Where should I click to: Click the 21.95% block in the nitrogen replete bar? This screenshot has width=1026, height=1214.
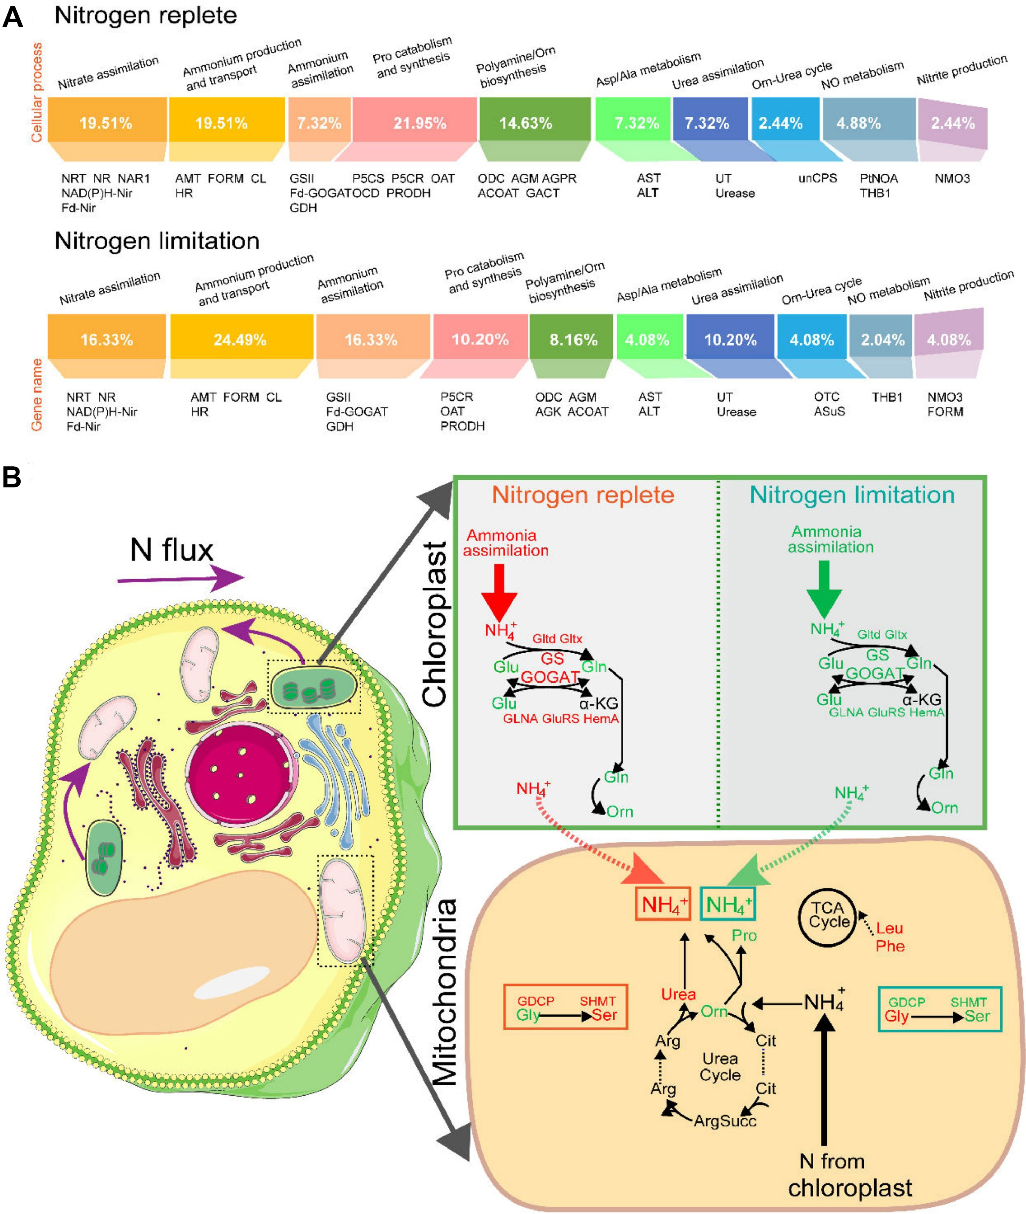[419, 123]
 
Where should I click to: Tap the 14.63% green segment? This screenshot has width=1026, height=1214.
[525, 123]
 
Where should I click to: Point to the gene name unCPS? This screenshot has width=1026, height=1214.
[817, 178]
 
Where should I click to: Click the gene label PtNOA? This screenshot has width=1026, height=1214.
[878, 178]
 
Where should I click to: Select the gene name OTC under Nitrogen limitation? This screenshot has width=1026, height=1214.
[827, 396]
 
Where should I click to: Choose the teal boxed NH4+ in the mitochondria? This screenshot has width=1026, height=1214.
[728, 904]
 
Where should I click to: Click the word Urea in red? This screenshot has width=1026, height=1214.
[678, 994]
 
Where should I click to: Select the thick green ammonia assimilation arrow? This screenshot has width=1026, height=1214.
[823, 588]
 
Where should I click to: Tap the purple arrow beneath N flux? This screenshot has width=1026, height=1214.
[180, 579]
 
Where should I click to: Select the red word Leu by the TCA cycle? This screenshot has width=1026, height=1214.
[889, 928]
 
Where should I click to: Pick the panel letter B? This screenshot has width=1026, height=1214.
[12, 477]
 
